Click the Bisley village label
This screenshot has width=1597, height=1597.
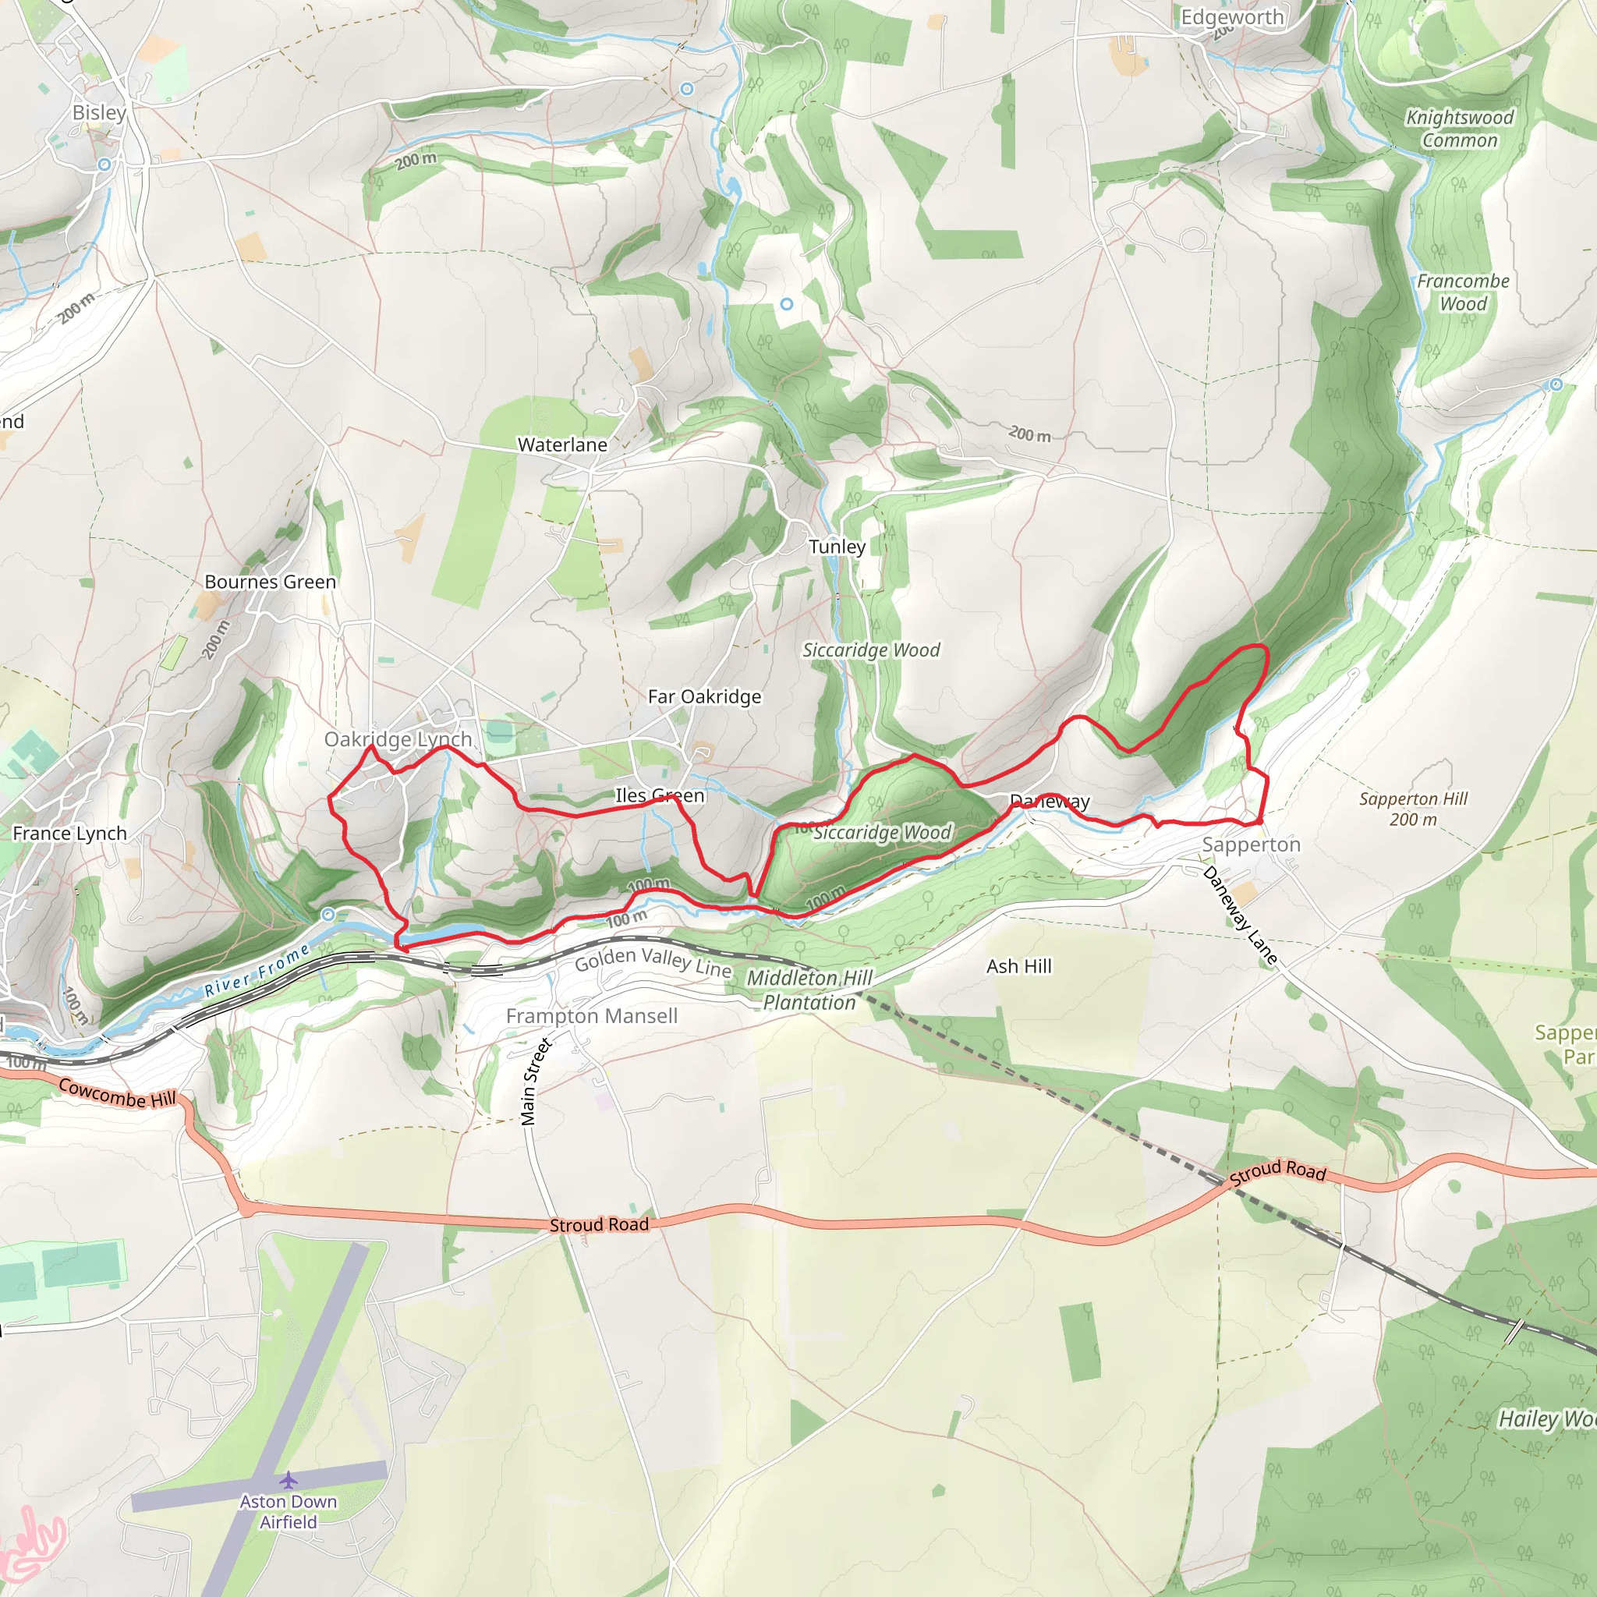click(x=99, y=112)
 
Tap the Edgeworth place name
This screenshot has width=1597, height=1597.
click(x=1231, y=17)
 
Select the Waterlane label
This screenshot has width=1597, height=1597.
click(x=562, y=444)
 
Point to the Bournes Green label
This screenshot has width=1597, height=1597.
click(x=271, y=582)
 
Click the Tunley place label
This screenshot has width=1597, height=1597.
click(x=837, y=547)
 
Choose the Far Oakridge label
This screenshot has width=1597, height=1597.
click(x=704, y=697)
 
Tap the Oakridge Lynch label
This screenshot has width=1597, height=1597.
click(x=398, y=739)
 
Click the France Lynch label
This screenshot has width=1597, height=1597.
click(x=70, y=834)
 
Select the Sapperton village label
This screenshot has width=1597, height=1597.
click(x=1251, y=845)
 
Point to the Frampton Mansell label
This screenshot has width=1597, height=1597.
click(x=592, y=1016)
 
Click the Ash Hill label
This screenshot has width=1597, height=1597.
click(x=1019, y=966)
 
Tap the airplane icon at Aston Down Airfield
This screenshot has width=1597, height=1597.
click(x=288, y=1478)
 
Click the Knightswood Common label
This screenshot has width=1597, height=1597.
click(x=1460, y=129)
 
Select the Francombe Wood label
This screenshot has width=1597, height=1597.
click(x=1463, y=292)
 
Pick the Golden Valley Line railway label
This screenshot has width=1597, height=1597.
click(x=653, y=962)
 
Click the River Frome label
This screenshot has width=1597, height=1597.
click(x=257, y=970)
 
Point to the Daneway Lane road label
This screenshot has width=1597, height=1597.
click(x=1240, y=915)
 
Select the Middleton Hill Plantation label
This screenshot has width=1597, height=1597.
click(x=809, y=990)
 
